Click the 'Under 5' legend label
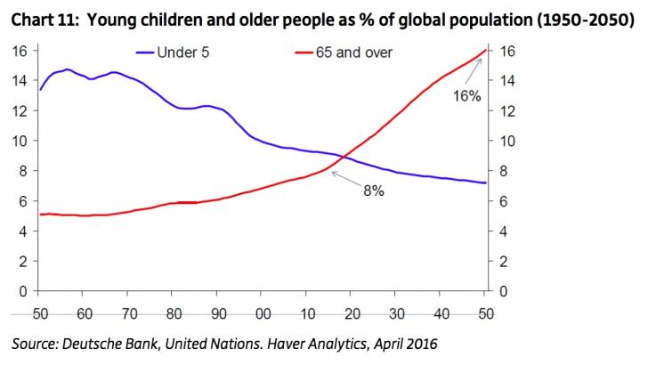pyautogui.click(x=184, y=53)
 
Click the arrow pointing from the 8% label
pyautogui.click(x=342, y=179)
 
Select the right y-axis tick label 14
pyautogui.click(x=508, y=80)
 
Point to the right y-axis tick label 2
pyautogui.click(x=505, y=261)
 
